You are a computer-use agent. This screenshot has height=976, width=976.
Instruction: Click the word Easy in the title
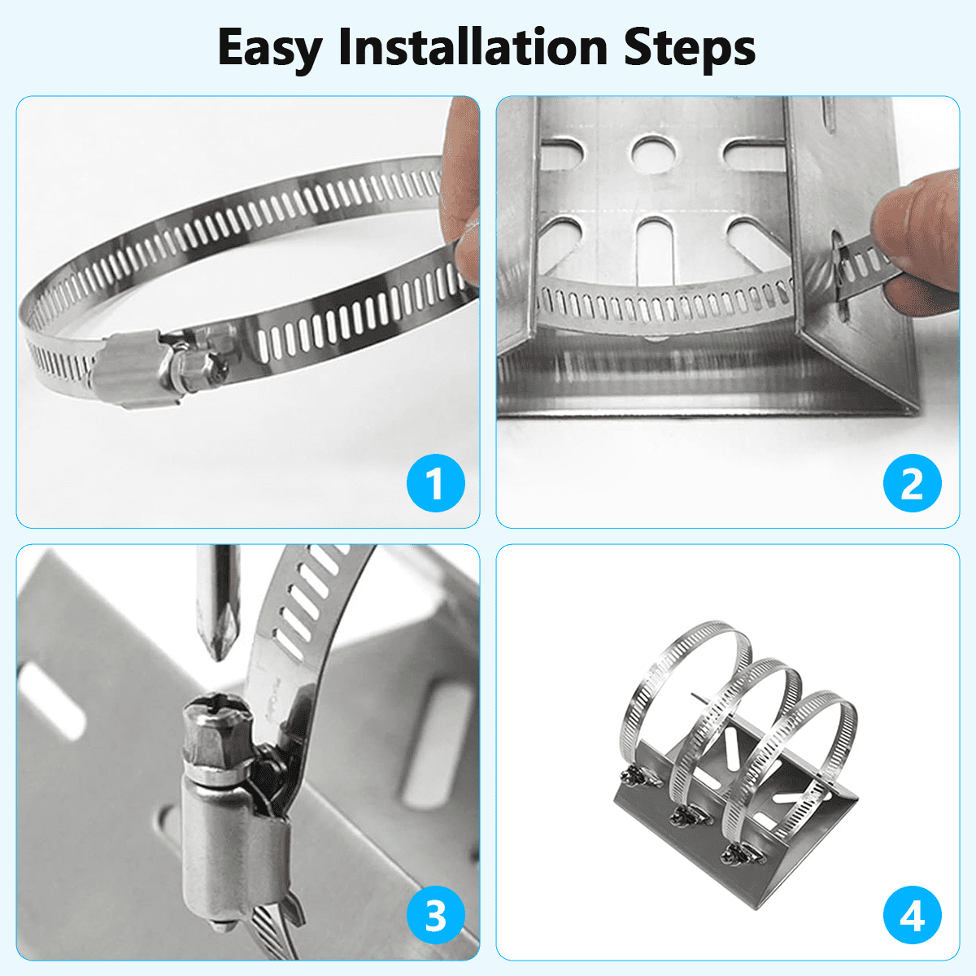[270, 49]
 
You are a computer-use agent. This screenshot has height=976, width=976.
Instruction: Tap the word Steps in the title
[690, 49]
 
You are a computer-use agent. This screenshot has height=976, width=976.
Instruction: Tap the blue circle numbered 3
[436, 915]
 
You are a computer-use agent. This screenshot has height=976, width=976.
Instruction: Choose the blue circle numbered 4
[913, 915]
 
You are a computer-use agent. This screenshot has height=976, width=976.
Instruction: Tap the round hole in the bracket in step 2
[653, 152]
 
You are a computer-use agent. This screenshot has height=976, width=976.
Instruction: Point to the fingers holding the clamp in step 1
[462, 193]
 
